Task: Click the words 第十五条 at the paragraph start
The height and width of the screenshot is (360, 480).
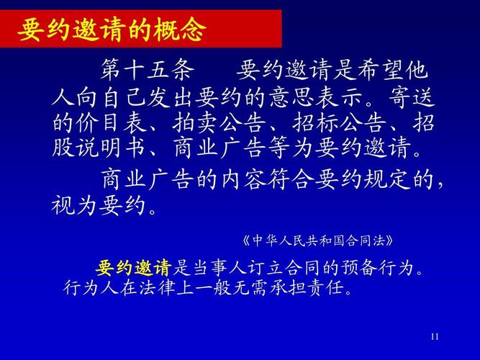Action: pos(148,71)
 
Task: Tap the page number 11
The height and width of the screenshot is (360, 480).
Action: pos(434,337)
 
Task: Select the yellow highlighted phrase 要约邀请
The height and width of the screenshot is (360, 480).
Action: pos(133,269)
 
